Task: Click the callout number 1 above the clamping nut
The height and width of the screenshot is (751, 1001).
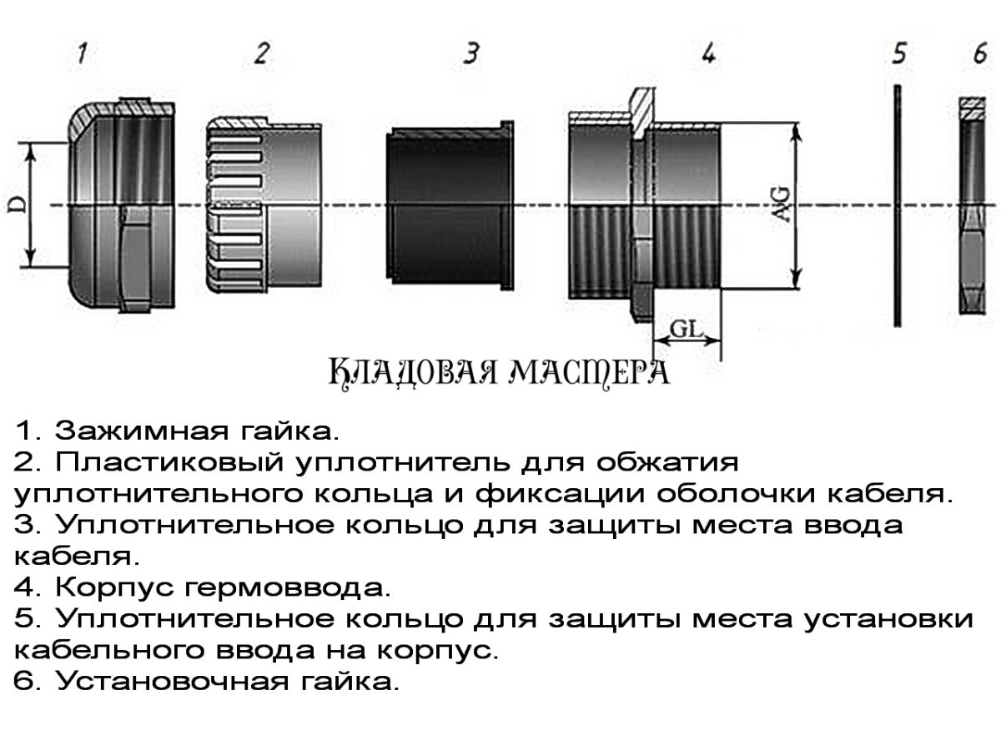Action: (82, 54)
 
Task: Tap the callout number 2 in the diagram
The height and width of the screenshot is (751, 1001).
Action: (262, 54)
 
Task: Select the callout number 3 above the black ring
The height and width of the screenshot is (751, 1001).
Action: (471, 54)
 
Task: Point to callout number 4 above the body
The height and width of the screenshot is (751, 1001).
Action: (707, 54)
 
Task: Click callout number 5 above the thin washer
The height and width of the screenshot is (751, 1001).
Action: (898, 54)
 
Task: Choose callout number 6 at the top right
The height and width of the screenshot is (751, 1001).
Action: (979, 54)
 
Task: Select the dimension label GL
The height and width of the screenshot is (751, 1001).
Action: (685, 329)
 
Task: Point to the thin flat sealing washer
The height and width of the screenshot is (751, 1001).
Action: (897, 204)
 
